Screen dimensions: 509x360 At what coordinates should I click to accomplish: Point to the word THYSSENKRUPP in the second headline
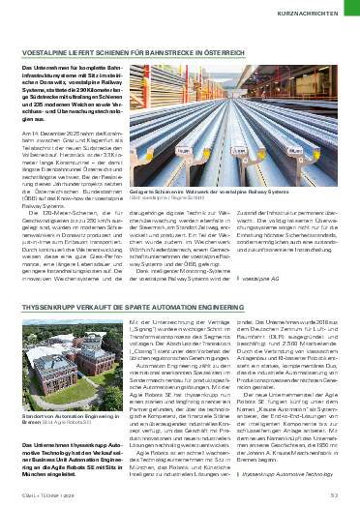point(49,309)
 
